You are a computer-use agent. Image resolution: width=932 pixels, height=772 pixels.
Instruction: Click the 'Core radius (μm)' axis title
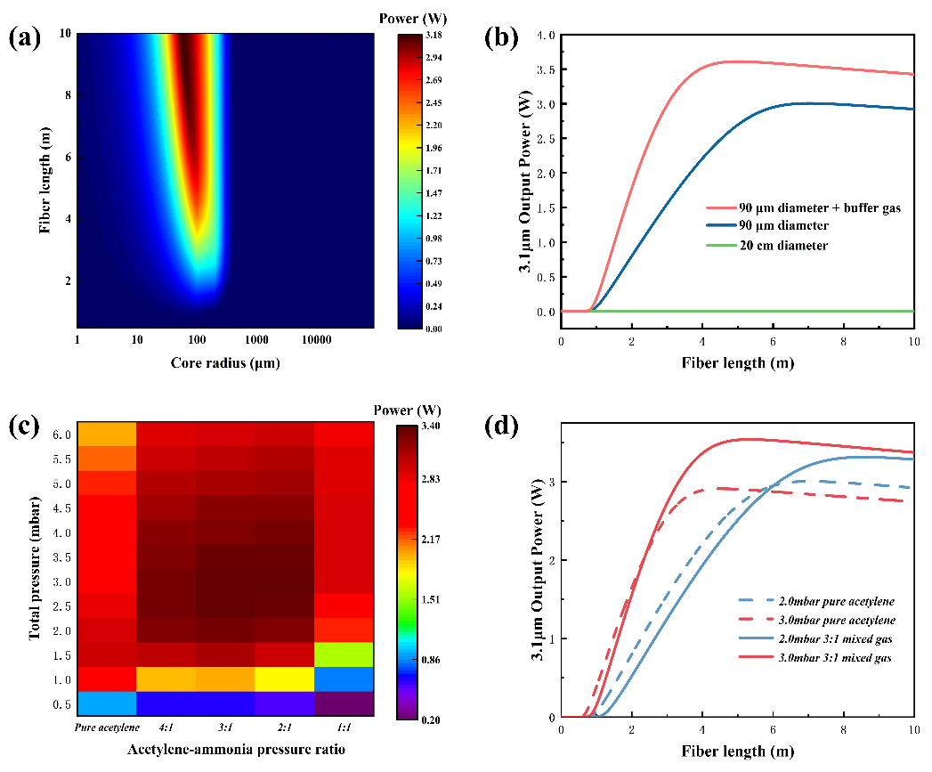pos(225,363)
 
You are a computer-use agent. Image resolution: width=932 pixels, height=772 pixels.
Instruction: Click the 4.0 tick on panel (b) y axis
pos(545,35)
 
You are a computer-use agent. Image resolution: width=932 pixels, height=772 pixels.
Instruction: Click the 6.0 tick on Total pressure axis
pos(62,434)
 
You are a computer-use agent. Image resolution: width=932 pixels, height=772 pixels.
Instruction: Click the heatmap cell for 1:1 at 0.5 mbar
pos(344,704)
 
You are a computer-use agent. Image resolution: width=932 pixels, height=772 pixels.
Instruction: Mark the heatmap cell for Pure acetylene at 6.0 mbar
pos(107,434)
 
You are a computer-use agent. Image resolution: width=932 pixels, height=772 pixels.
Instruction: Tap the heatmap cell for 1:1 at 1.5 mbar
pos(344,654)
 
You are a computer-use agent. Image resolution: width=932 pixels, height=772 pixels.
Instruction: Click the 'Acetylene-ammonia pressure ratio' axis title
pos(225,750)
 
